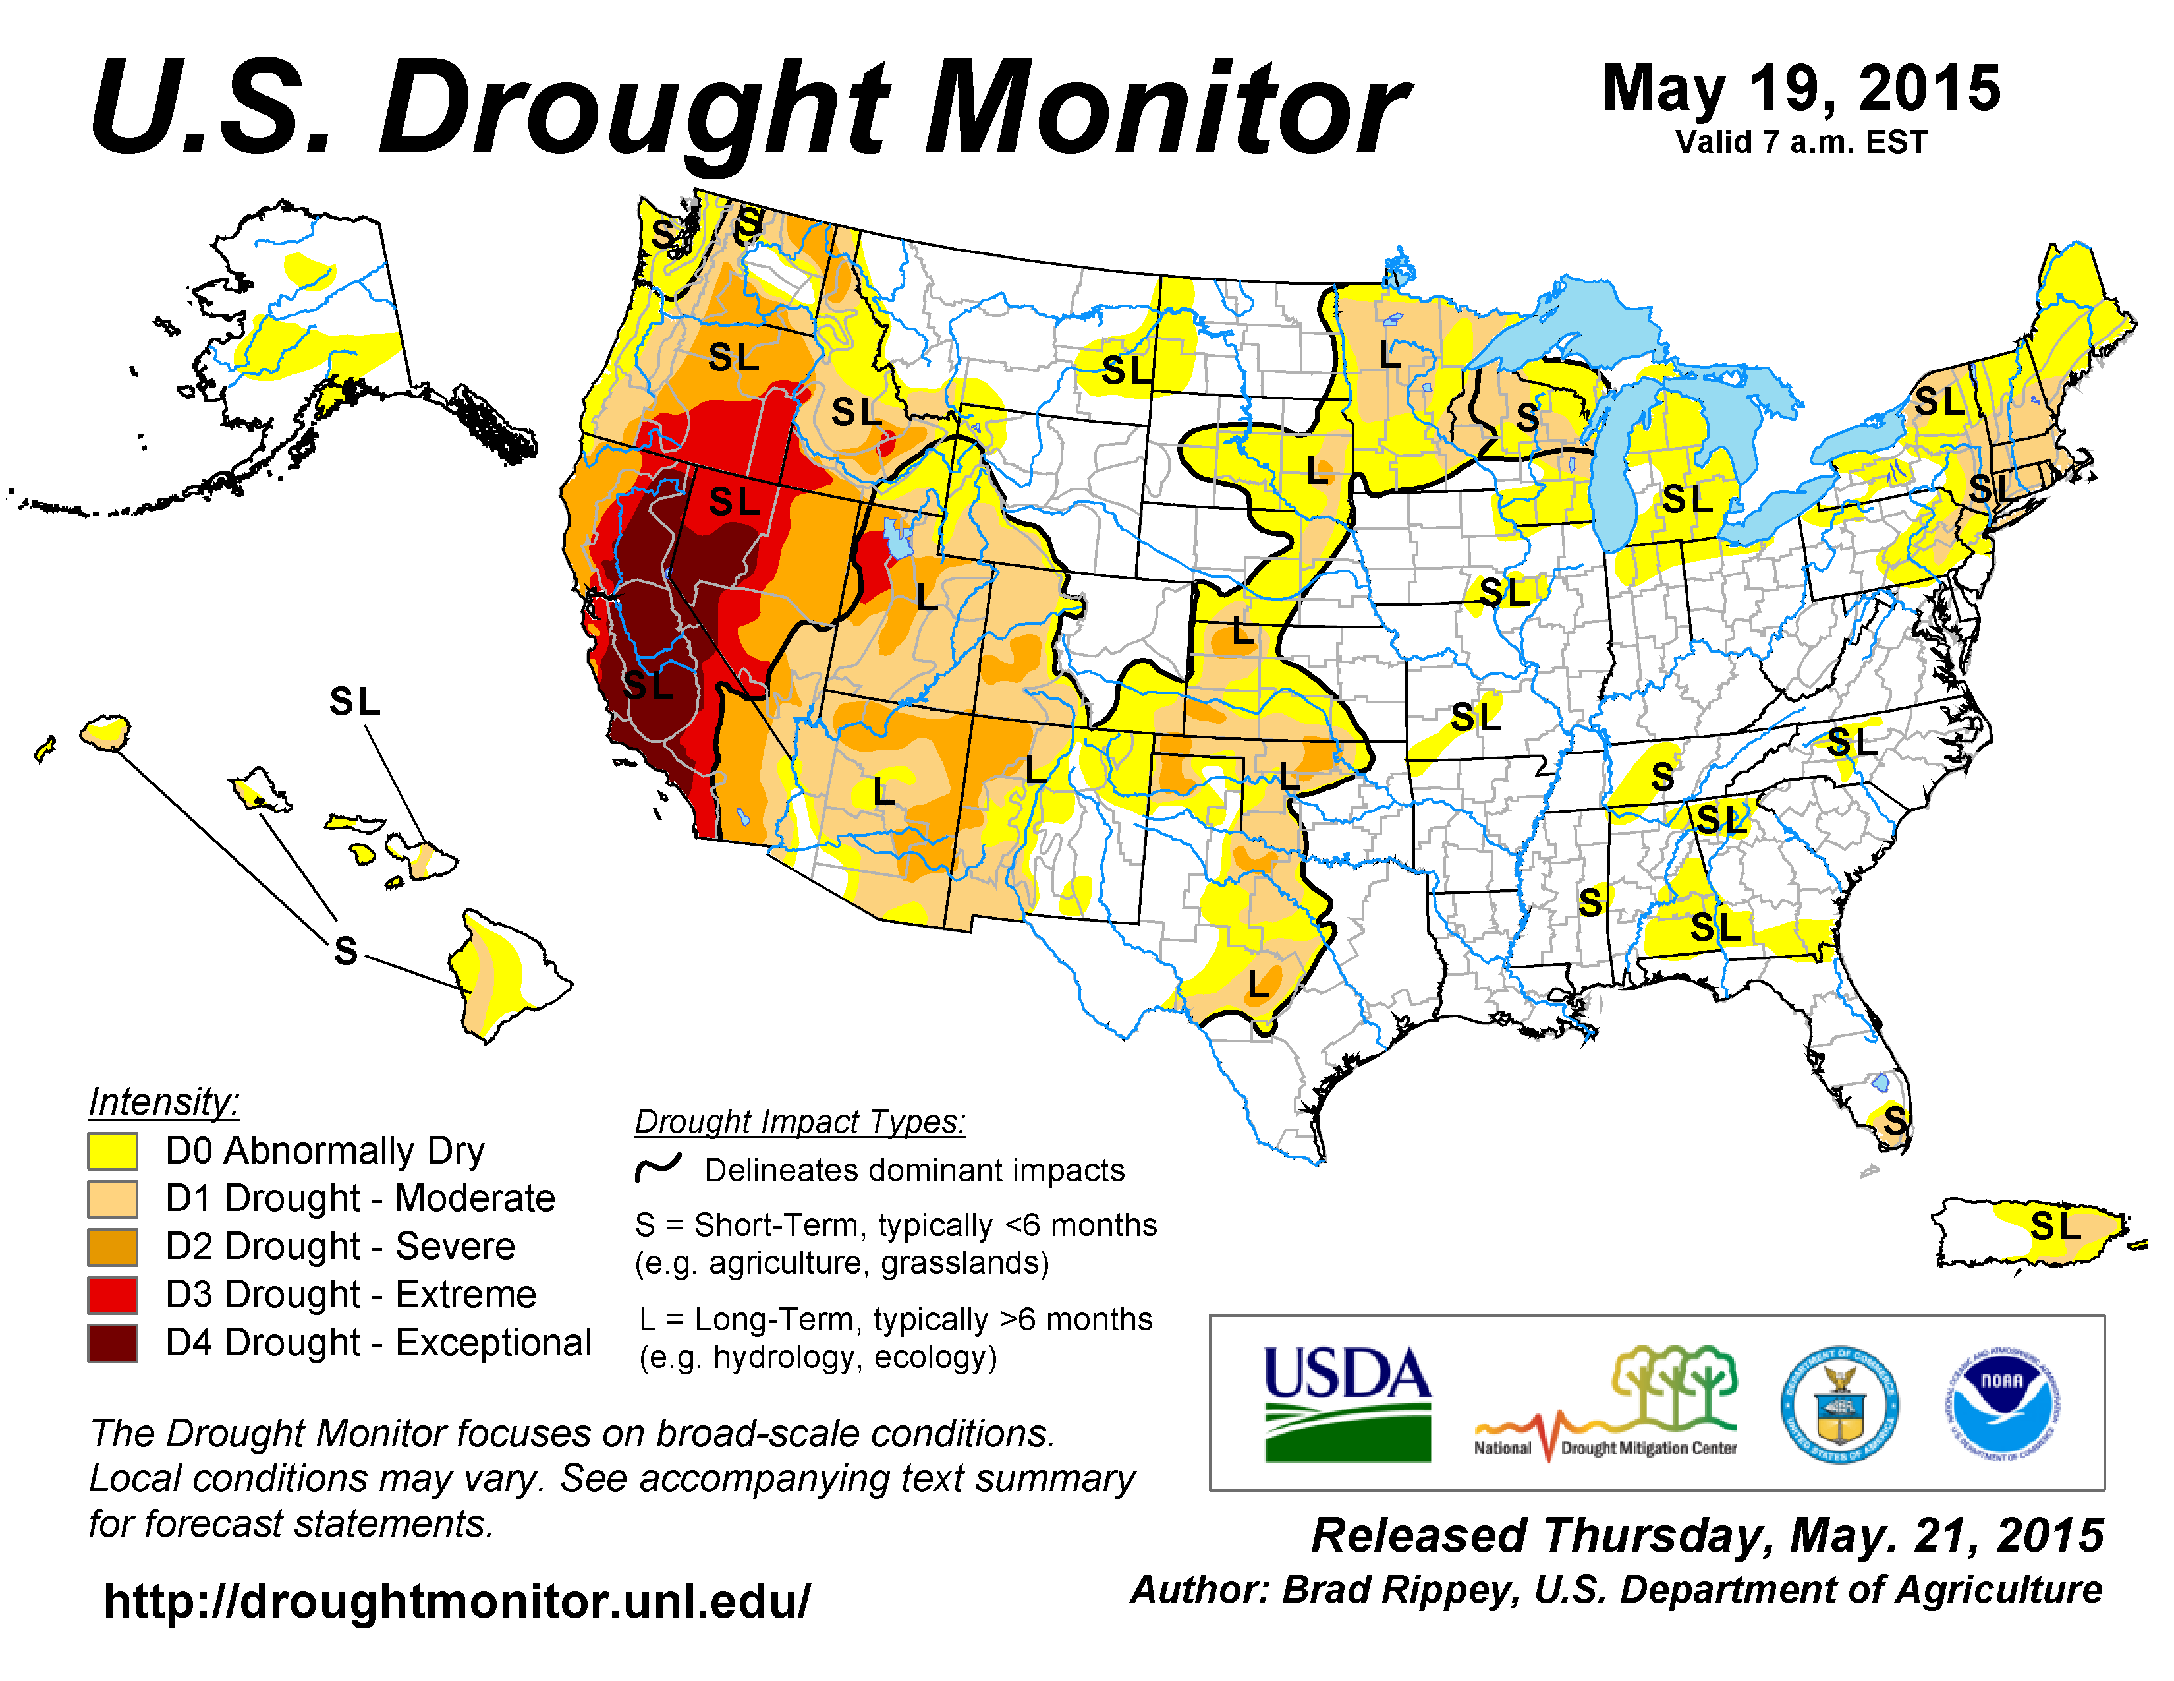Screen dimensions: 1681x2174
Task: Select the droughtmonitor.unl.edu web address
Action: pos(457,1601)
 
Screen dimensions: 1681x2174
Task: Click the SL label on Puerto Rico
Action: pos(2055,1226)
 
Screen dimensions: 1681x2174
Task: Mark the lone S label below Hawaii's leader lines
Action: pos(345,951)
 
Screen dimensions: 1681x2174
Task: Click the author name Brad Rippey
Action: pos(1399,1591)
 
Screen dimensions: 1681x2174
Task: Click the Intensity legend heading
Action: pos(164,1102)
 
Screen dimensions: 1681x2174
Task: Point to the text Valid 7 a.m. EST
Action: pos(1800,142)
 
